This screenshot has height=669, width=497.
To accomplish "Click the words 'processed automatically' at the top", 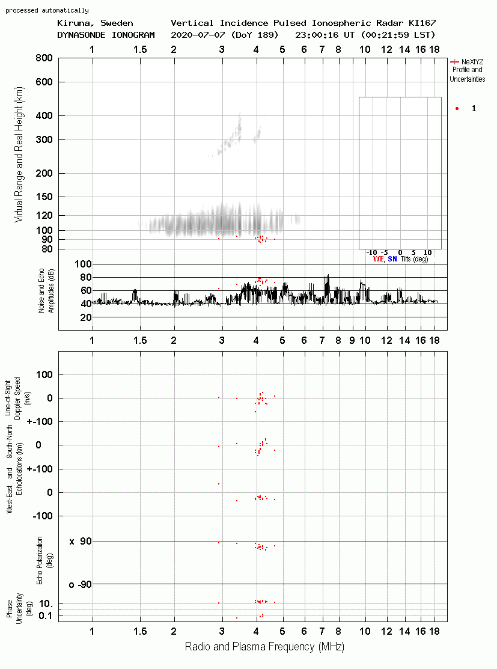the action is click(47, 10).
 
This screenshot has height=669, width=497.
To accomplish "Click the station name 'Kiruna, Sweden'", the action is click(95, 23).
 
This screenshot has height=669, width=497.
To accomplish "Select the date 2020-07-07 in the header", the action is click(198, 34).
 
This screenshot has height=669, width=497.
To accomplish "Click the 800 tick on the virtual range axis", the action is click(44, 58).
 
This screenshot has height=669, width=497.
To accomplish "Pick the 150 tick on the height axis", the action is click(44, 197).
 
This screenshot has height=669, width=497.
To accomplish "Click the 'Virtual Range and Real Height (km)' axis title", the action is click(19, 154).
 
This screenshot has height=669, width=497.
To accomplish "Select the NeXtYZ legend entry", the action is click(467, 70).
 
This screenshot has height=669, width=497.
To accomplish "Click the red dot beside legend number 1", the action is click(457, 108).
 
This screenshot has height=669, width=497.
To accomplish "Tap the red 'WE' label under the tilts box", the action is click(378, 259).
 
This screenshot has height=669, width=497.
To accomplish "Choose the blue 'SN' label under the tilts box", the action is click(392, 259).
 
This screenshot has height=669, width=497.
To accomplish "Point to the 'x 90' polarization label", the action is click(81, 542).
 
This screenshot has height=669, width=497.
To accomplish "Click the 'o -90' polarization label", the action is click(80, 584).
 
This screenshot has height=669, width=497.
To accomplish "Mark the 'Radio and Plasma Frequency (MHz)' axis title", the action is click(264, 647).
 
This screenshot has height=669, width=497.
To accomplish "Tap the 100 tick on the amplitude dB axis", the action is click(83, 264).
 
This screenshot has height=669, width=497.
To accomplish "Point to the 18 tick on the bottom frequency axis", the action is click(434, 632).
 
